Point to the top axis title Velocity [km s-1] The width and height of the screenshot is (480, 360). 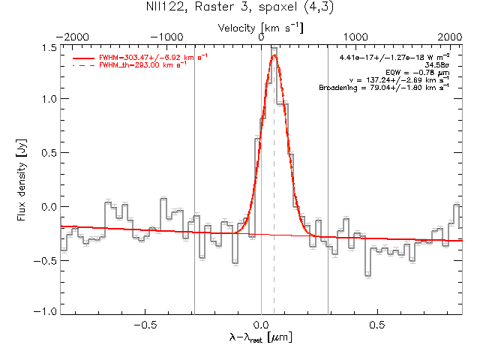259,27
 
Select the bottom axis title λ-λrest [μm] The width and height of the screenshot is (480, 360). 260,338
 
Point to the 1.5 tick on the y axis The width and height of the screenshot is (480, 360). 49,47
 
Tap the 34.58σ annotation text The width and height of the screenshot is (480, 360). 434,66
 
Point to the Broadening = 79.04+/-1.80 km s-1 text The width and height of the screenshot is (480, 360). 383,88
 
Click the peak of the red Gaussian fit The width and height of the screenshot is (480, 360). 274,55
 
